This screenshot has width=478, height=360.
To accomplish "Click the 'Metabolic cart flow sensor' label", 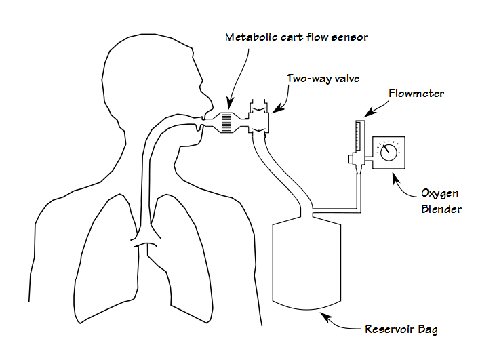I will click(296, 37).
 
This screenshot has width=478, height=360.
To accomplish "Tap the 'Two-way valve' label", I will click(323, 79).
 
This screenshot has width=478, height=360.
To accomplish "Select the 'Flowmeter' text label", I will click(416, 94).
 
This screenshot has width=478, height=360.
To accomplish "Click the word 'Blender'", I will click(441, 209).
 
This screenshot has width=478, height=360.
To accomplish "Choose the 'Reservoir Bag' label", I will click(401, 330).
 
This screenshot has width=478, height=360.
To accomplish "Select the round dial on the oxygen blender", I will click(389, 152).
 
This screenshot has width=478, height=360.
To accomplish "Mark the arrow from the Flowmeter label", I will click(372, 108).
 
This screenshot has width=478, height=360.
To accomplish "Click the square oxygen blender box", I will click(389, 152).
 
